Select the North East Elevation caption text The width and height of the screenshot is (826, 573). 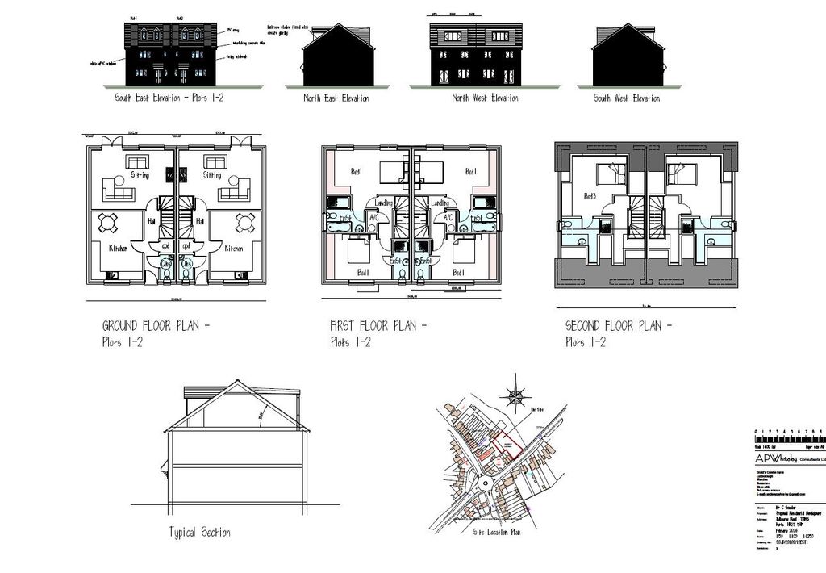pyautogui.click(x=336, y=98)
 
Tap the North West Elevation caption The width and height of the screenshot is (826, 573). pyautogui.click(x=484, y=98)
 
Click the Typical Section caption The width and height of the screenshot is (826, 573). pyautogui.click(x=199, y=533)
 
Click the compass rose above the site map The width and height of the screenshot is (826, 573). pyautogui.click(x=513, y=396)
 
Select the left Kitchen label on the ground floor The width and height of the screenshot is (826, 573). pyautogui.click(x=118, y=249)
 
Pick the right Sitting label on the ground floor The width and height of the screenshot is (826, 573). pyautogui.click(x=212, y=174)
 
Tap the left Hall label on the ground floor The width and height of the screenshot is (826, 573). pyautogui.click(x=151, y=219)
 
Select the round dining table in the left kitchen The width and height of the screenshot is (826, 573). pyautogui.click(x=111, y=223)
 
